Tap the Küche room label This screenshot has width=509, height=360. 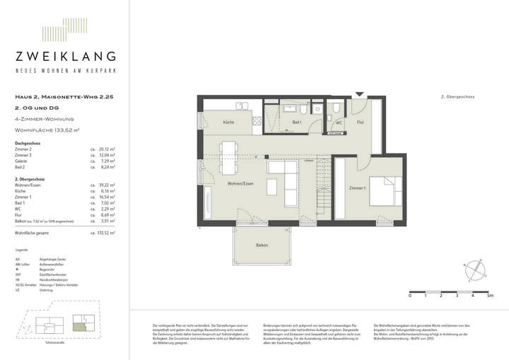[228, 122]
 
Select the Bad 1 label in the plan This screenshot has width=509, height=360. [296, 122]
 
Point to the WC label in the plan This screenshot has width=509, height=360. [339, 122]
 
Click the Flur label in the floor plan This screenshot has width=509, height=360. [360, 122]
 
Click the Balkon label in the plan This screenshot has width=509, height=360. [262, 245]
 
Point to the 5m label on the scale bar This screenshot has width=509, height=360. [490, 295]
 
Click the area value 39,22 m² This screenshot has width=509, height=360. [107, 185]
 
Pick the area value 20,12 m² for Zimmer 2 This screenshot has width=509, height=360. [107, 150]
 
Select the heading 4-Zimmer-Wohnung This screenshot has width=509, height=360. [45, 119]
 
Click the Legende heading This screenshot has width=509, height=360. [22, 250]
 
